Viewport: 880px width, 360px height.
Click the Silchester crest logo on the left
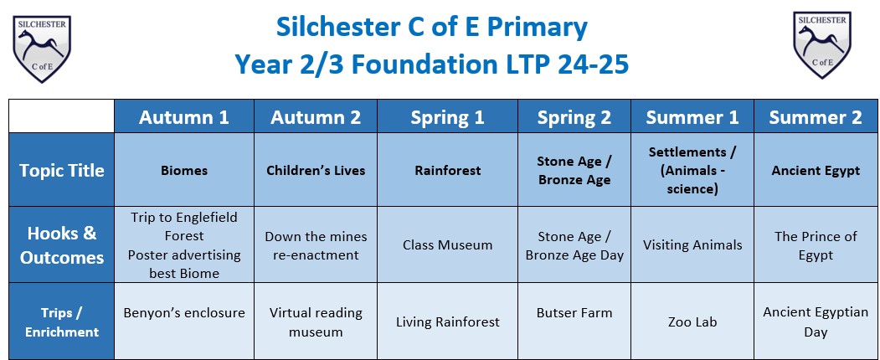coord(42,49)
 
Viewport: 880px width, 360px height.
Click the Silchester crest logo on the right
coord(821,45)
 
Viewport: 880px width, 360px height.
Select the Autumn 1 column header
coord(184,116)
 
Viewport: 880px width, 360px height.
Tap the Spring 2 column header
coord(574,116)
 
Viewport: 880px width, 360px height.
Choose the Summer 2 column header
coord(816,116)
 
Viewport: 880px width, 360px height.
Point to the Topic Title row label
coord(62,170)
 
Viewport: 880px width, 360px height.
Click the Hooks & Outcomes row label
coord(62,245)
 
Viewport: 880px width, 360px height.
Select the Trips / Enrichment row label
coord(62,321)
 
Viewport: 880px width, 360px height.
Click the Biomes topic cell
coord(184,170)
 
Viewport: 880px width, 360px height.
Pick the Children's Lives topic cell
coord(316,170)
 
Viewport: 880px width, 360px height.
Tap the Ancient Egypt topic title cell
coord(816,170)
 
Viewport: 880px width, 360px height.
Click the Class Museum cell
coord(447,245)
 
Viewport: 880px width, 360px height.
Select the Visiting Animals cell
coord(692,245)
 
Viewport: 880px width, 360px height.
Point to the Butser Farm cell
coord(574,321)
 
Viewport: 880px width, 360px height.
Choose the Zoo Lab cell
coord(692,321)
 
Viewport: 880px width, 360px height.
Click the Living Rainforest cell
coord(447,321)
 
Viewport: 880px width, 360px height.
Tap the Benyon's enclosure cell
coord(184,321)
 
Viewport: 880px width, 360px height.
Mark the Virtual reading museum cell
coord(316,321)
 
